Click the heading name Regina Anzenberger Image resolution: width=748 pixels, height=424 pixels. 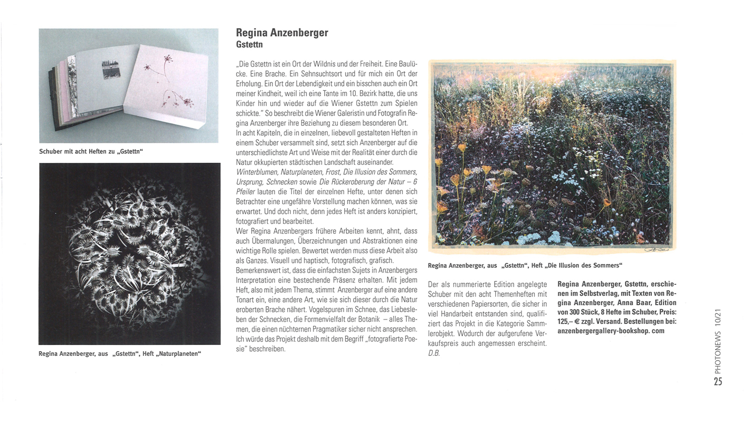(x=282, y=33)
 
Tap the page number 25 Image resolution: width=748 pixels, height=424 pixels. (x=718, y=381)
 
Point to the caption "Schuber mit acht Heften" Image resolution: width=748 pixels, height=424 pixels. (x=91, y=152)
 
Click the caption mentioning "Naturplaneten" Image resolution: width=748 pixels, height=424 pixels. (x=120, y=354)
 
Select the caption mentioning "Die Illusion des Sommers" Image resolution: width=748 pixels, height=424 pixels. (x=525, y=265)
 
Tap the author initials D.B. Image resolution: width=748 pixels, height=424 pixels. (x=434, y=353)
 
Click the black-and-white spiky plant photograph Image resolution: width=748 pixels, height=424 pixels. (x=130, y=253)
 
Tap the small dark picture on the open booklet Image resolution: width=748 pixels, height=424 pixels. (x=111, y=69)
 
